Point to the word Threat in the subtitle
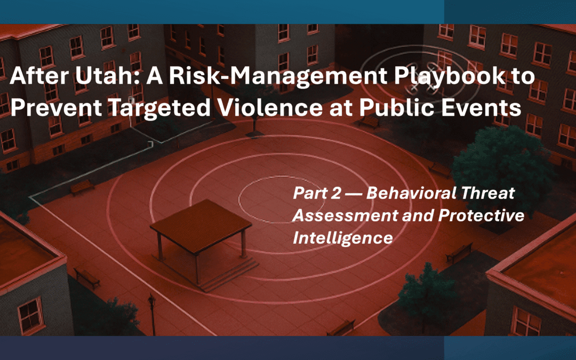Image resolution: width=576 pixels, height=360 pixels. pyautogui.click(x=489, y=193)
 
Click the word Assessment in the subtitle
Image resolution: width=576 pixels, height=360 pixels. pyautogui.click(x=342, y=215)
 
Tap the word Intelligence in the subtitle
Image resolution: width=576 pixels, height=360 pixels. pyautogui.click(x=342, y=238)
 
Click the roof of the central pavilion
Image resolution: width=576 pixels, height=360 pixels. pyautogui.click(x=201, y=219)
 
